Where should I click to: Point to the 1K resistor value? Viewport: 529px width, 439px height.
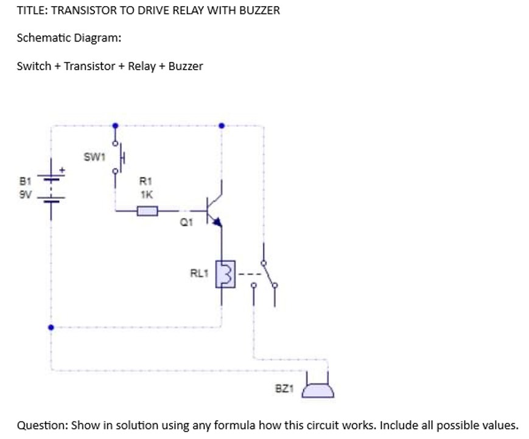[x=146, y=195]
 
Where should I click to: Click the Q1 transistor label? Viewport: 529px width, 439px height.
[x=186, y=223]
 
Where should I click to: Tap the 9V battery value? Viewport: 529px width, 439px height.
[x=24, y=195]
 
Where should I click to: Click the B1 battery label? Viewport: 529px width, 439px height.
[x=24, y=181]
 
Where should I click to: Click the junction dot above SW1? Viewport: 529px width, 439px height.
[x=115, y=126]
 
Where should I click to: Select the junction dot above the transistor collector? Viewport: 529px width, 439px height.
[x=222, y=126]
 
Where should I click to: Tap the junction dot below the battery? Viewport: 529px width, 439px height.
[x=51, y=327]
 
